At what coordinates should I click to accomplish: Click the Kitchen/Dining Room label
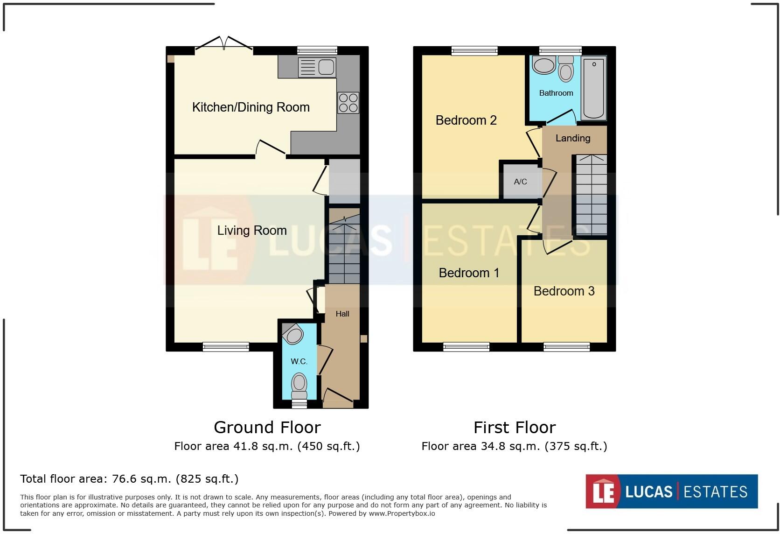251,107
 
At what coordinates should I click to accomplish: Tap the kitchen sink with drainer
317,67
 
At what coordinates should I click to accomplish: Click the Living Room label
251,231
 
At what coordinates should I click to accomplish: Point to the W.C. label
299,361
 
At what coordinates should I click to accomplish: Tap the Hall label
342,314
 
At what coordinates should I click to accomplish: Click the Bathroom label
556,93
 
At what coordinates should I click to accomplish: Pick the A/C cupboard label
520,182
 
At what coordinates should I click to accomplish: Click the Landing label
572,138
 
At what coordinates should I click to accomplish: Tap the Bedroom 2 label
466,120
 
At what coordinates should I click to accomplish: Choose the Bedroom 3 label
564,291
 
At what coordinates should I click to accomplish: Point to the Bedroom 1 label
468,273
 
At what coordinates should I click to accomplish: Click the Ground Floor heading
267,428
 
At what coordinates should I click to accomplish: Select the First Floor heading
514,428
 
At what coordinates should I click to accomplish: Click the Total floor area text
129,479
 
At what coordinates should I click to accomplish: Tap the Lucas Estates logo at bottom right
671,492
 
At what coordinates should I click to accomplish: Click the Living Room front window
226,347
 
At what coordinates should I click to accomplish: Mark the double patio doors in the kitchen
224,46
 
